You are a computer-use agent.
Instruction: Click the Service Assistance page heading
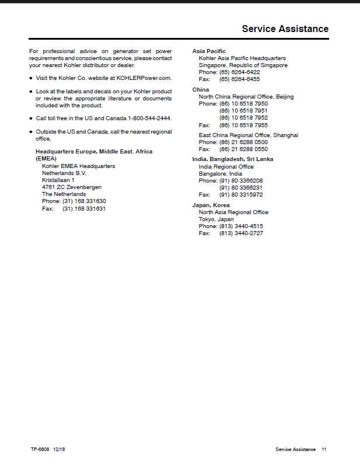pos(285,29)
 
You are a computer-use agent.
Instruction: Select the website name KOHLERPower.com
pos(144,78)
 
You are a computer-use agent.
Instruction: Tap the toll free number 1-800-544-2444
pos(149,118)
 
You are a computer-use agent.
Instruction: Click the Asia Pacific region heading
pos(209,51)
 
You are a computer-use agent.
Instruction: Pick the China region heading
pos(201,90)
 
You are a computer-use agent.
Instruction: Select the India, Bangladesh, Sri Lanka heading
pos(233,159)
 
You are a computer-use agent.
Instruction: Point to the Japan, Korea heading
pos(211,205)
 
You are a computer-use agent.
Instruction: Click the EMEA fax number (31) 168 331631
pos(84,208)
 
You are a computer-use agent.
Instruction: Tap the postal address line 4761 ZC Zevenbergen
pos(71,187)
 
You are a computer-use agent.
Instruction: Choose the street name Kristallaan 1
pos(58,180)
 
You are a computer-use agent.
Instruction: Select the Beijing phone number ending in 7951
pos(243,111)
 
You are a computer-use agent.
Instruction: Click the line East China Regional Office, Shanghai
pos(249,135)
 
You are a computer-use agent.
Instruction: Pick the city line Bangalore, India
pos(220,174)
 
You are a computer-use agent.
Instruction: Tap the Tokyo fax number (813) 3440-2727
pos(241,233)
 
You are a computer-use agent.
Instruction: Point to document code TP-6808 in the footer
pos(40,450)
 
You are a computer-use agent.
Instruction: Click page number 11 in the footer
pos(324,450)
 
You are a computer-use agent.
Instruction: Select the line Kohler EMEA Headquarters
pos(78,166)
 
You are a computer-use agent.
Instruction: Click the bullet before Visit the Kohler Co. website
pos(31,78)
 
